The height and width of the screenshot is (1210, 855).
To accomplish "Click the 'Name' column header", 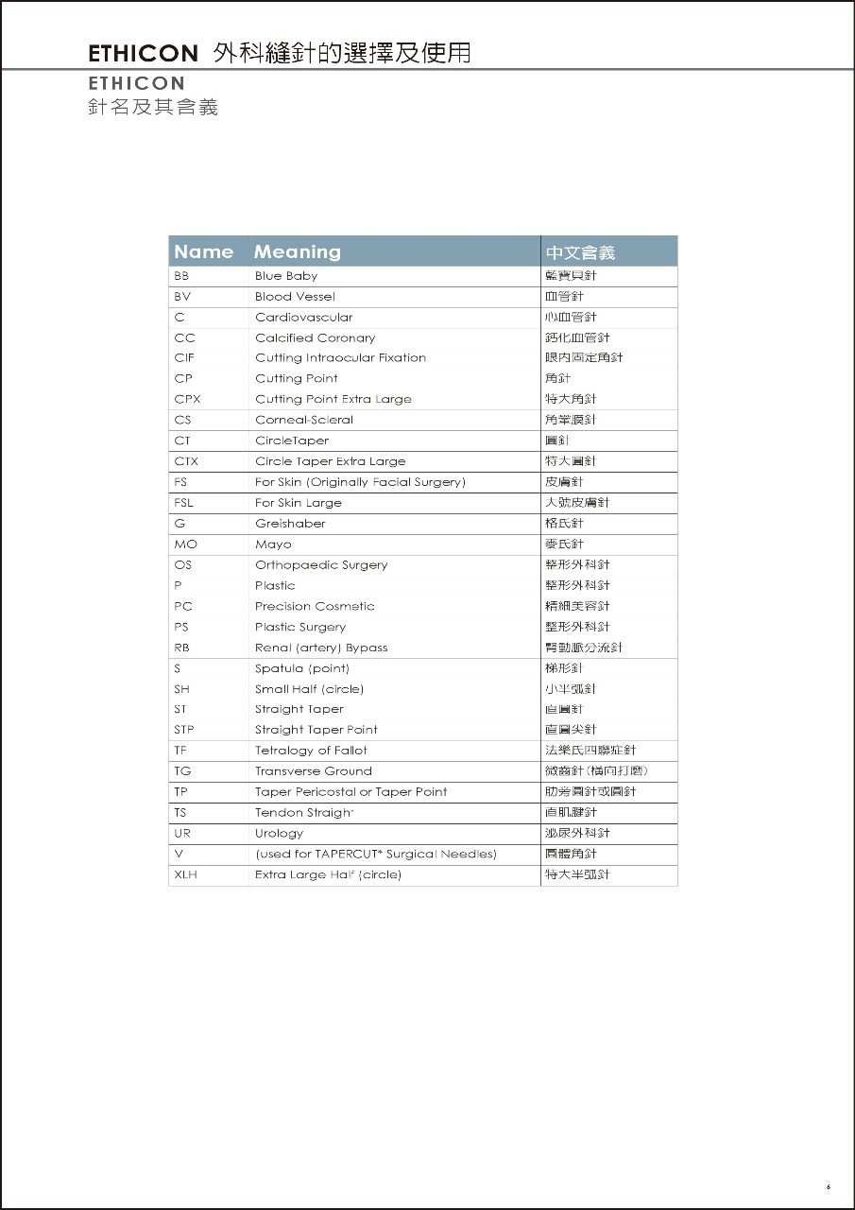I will pyautogui.click(x=203, y=251).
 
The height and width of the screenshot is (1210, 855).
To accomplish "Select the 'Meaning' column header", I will pyautogui.click(x=297, y=251).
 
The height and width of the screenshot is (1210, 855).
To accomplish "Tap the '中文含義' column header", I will pyautogui.click(x=580, y=252).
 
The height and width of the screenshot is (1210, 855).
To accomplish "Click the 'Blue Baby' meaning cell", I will pyautogui.click(x=286, y=276).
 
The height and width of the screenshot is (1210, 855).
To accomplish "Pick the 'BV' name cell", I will pyautogui.click(x=182, y=297).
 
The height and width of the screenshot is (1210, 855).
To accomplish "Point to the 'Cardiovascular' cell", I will pyautogui.click(x=303, y=318).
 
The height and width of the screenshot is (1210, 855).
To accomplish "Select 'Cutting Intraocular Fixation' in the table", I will pyautogui.click(x=340, y=358).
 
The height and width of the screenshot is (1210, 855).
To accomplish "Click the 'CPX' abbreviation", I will pyautogui.click(x=187, y=399).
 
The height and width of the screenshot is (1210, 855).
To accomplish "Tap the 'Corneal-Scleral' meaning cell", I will pyautogui.click(x=303, y=420).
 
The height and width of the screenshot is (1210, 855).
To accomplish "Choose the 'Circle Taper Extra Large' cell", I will pyautogui.click(x=330, y=461).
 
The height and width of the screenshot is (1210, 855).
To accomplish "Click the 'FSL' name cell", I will pyautogui.click(x=183, y=503).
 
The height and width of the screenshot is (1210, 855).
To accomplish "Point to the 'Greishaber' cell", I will pyautogui.click(x=290, y=524).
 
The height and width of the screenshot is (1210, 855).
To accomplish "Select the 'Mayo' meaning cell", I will pyautogui.click(x=273, y=544).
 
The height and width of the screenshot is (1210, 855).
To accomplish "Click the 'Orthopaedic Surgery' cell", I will pyautogui.click(x=321, y=565).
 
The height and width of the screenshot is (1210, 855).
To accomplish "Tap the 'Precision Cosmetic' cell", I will pyautogui.click(x=315, y=607).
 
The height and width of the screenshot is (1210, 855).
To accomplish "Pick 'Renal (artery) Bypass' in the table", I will pyautogui.click(x=321, y=648).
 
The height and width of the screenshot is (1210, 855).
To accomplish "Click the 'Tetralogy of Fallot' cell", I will pyautogui.click(x=311, y=751).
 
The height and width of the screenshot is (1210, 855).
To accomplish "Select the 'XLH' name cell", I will pyautogui.click(x=185, y=875).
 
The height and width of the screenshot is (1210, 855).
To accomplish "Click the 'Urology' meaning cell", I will pyautogui.click(x=279, y=834).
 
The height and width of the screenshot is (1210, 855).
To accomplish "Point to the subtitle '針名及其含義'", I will pyautogui.click(x=153, y=107).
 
